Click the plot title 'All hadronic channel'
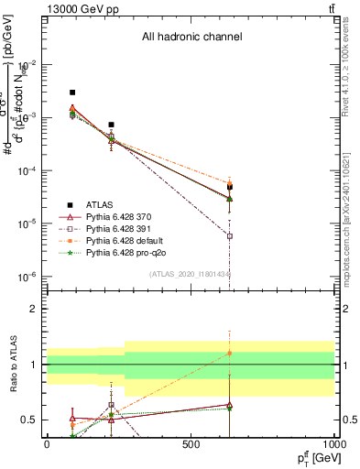tap(191, 38)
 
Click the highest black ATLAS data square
tap(72, 93)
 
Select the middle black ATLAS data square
tap(111, 125)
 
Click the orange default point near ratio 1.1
tap(230, 353)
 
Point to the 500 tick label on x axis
tap(191, 444)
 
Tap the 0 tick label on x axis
tap(47, 444)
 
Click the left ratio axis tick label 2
tap(35, 309)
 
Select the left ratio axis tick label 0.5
tap(31, 420)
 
